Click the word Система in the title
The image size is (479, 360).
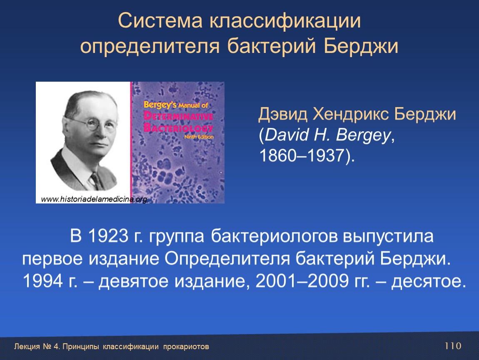[x=160, y=21]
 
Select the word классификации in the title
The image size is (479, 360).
[x=285, y=22]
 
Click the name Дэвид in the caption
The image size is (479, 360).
[x=282, y=115]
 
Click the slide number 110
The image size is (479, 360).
[x=453, y=346]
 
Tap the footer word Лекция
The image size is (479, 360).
[x=27, y=347]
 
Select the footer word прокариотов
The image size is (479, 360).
[x=186, y=347]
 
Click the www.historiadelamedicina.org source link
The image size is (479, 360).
[x=94, y=199]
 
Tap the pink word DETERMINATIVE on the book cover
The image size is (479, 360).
[x=178, y=116]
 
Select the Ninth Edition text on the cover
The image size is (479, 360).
[x=199, y=137]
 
